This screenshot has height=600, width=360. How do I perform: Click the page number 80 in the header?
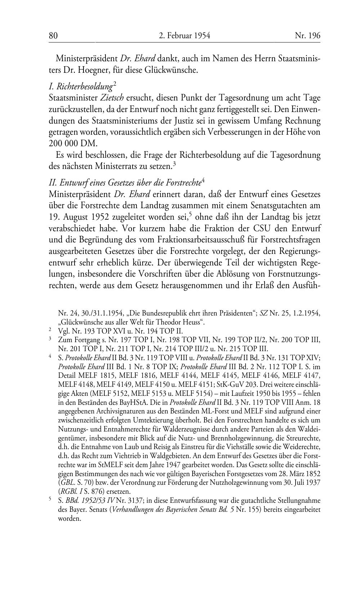(x=53, y=35)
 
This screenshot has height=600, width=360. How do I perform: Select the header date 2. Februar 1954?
(x=184, y=35)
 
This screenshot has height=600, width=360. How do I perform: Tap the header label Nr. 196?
(x=307, y=35)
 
